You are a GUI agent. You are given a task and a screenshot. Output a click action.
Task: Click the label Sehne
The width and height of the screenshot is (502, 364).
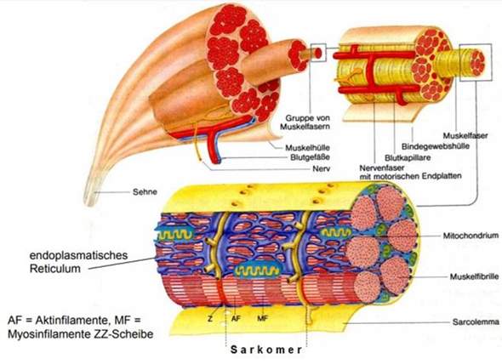coord(145,191)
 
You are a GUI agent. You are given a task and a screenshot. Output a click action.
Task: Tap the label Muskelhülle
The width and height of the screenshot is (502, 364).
coord(307,148)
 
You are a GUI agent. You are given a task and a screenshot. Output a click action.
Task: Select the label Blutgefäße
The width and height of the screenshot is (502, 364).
coord(310,157)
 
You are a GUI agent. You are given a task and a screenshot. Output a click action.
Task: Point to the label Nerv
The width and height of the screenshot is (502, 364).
coord(321,168)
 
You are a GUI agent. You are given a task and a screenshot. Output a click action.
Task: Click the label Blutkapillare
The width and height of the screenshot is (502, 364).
coord(408,157)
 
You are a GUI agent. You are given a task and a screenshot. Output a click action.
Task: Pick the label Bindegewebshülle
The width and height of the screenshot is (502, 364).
coord(436,146)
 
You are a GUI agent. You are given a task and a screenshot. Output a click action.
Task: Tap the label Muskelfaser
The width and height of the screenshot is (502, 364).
coord(465,136)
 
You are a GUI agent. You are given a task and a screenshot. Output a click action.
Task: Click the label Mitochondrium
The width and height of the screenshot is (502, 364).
coord(471,236)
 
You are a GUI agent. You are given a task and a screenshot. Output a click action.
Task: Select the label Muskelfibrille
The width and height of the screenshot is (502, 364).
coord(474,276)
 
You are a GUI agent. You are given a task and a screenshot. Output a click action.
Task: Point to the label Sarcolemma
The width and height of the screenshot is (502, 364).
coord(476,321)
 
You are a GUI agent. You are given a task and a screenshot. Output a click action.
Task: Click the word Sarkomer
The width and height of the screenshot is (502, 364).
coord(266,350)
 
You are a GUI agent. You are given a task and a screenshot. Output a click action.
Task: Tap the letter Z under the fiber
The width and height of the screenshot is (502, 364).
coord(210,319)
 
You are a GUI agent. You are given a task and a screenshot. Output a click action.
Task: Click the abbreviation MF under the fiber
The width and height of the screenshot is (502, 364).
coord(263,319)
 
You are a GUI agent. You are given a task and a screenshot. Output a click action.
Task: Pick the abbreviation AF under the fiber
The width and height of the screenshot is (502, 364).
coord(236,319)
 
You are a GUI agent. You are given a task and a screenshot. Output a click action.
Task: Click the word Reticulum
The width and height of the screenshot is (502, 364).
coord(55,268)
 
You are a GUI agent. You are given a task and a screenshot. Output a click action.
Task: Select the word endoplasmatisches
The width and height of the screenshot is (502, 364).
coord(78,255)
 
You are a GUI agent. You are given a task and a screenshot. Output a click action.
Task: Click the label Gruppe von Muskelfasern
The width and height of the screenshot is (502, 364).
coord(305,122)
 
